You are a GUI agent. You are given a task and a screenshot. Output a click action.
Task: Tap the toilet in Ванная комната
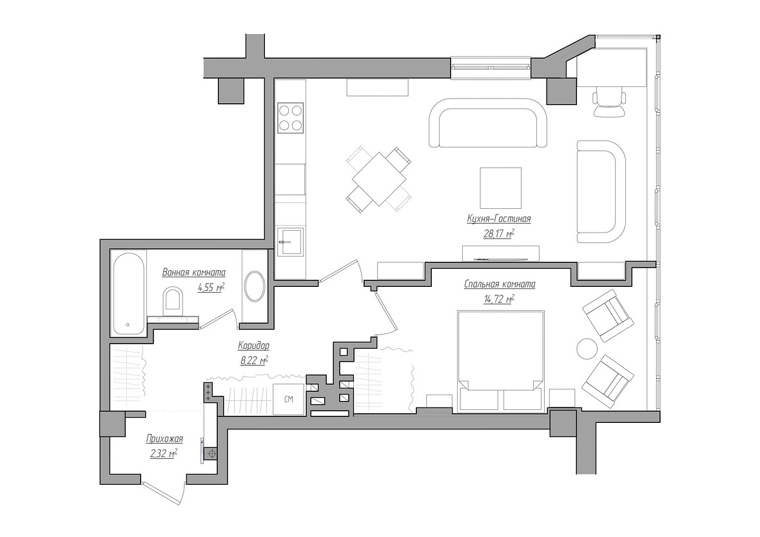[173, 300]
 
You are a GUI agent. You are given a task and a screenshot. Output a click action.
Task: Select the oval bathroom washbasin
[255, 287]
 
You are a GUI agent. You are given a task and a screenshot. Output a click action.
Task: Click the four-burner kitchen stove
[290, 118]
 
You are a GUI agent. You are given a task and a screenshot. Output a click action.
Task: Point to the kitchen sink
[290, 242]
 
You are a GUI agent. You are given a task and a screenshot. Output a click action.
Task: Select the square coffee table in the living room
[501, 188]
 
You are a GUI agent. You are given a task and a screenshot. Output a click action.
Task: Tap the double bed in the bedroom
[500, 362]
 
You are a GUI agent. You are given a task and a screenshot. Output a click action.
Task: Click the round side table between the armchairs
[587, 348]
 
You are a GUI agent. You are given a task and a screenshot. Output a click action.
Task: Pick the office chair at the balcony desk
[609, 101]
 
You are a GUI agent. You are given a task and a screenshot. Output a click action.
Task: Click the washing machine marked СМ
[288, 399]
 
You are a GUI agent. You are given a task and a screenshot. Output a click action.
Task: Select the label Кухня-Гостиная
[499, 219]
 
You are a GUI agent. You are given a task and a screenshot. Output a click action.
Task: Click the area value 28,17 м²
[499, 233]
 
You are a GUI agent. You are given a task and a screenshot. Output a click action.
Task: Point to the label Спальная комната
[500, 284]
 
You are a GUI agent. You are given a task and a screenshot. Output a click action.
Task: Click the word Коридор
[253, 346]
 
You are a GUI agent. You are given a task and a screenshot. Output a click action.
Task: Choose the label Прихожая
[165, 439]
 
